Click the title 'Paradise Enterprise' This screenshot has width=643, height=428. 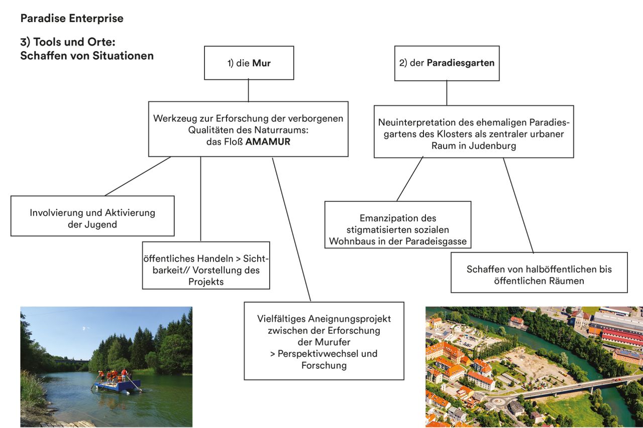[71, 19]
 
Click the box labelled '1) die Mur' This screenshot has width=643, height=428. [249, 63]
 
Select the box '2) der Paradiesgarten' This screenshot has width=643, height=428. [447, 63]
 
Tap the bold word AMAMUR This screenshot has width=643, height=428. [268, 142]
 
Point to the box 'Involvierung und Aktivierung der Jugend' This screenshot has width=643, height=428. [92, 218]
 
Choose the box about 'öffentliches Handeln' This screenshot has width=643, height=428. [206, 270]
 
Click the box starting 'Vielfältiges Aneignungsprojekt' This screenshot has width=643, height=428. [324, 341]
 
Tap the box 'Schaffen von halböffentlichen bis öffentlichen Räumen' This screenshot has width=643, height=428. [539, 274]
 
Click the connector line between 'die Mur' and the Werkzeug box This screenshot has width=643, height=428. [249, 90]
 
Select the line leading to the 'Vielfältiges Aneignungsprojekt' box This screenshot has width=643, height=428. [291, 229]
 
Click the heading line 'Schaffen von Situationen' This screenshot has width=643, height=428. [87, 56]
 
